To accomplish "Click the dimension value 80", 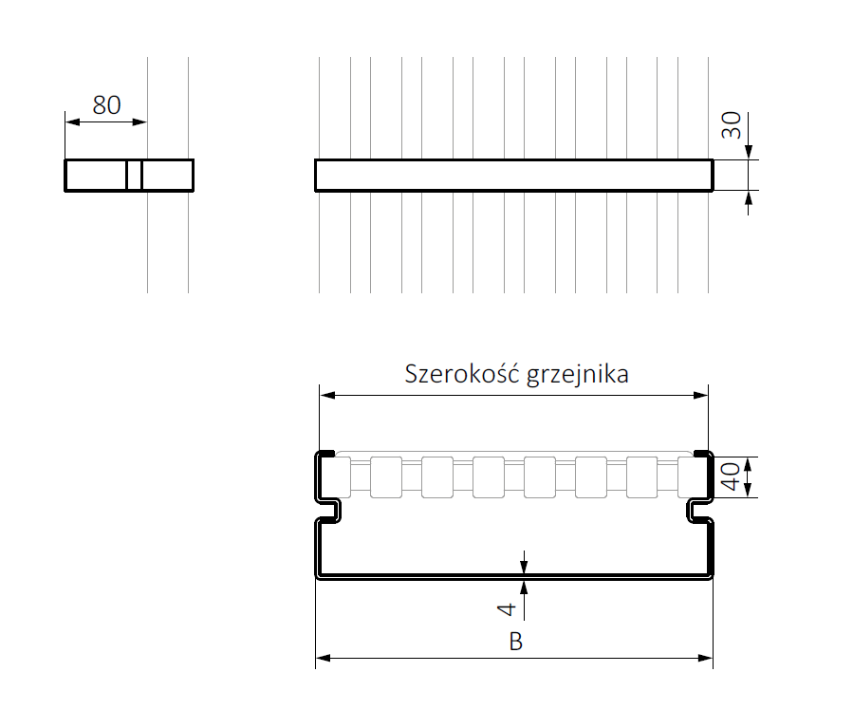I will [x=106, y=104].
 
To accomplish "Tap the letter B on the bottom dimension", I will [x=515, y=643].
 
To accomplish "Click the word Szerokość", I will [x=458, y=374].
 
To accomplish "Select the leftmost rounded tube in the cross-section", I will [x=335, y=476].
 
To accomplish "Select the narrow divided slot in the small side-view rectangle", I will [x=134, y=176].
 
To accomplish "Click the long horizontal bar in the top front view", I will [x=513, y=176].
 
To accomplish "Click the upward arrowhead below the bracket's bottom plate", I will [x=524, y=584].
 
